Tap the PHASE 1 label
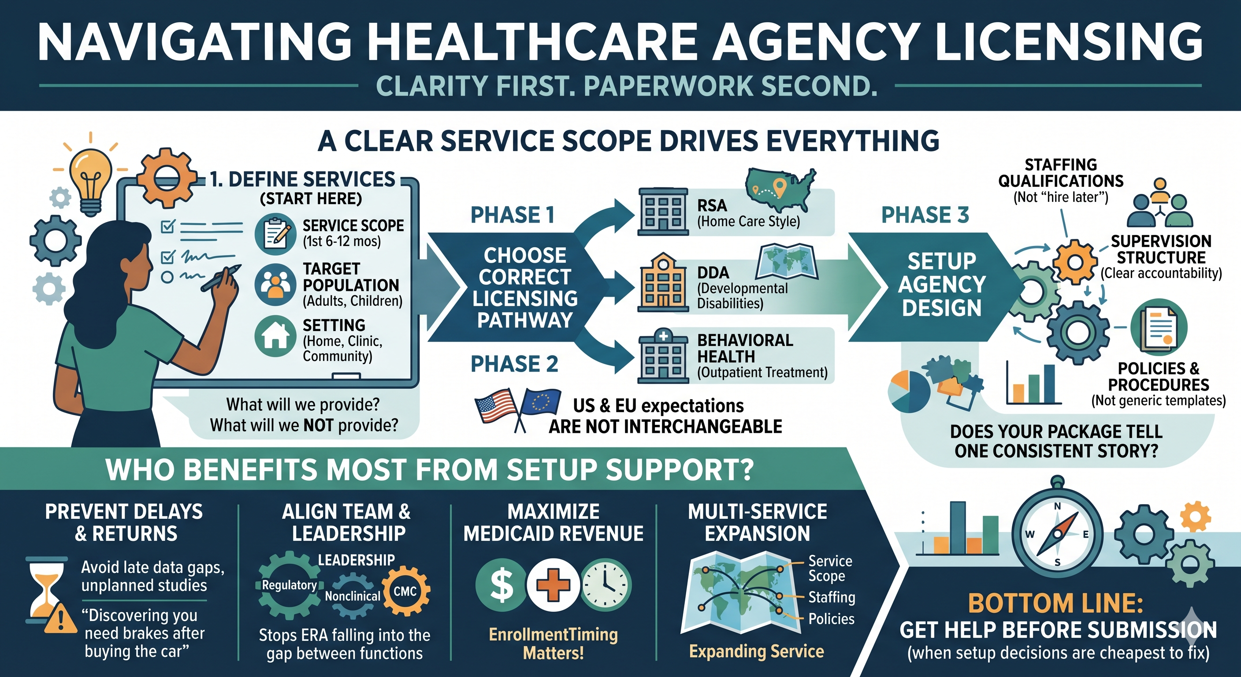(512, 215)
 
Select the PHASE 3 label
(925, 215)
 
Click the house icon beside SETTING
(275, 335)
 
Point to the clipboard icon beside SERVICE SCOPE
(275, 234)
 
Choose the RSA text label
(712, 206)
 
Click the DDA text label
(713, 273)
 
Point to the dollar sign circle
(501, 585)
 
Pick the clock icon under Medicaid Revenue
(606, 585)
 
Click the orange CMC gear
(405, 591)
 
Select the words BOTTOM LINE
(1055, 603)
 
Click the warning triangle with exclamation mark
(60, 619)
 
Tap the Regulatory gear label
(289, 585)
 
